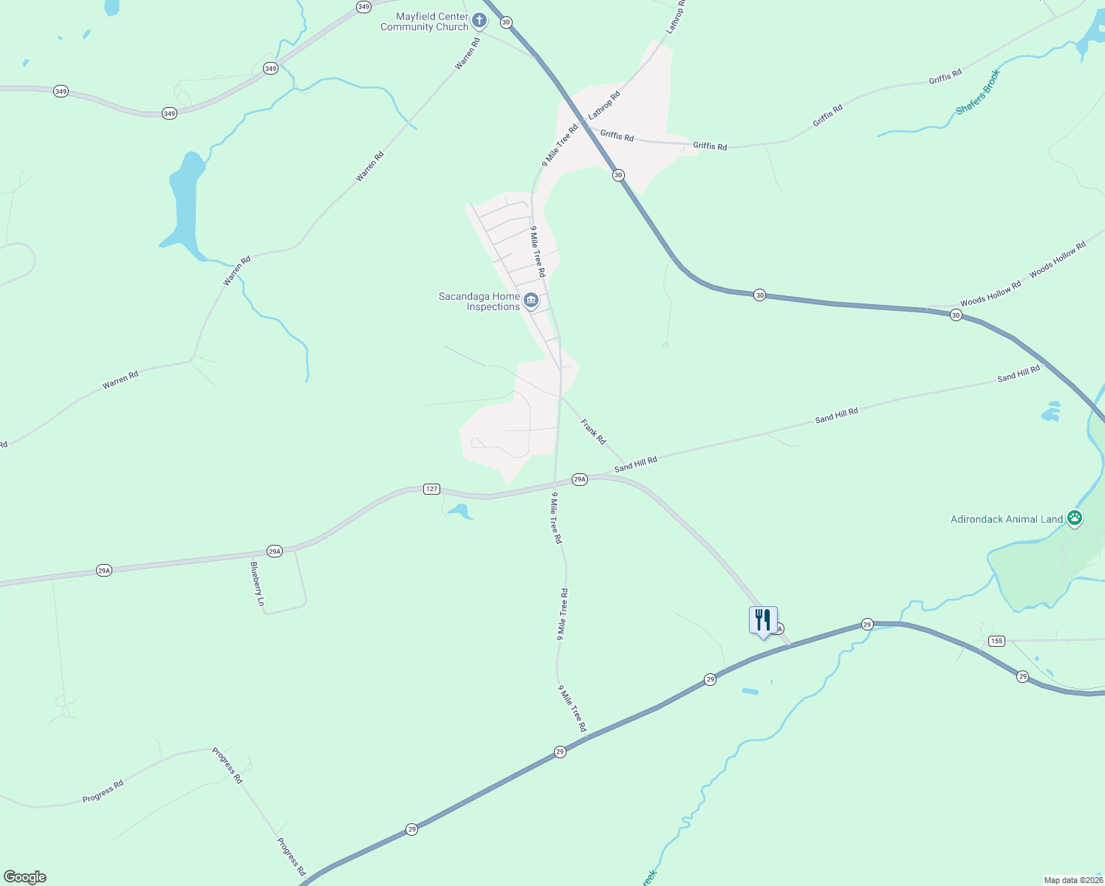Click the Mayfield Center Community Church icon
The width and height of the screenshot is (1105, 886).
(479, 21)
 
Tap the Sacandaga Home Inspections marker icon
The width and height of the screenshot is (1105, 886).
(531, 301)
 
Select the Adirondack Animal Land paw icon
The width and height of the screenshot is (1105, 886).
(1075, 519)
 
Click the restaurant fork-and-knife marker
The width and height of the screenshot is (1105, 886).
(763, 620)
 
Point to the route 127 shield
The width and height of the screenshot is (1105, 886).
(432, 489)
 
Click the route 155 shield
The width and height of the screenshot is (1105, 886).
(996, 641)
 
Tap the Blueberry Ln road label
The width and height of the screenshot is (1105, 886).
(257, 584)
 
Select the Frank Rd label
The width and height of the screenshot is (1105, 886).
(593, 431)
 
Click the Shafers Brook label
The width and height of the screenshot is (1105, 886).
(978, 92)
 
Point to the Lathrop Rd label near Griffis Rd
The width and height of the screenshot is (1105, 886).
(604, 106)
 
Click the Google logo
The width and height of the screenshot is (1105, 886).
(24, 877)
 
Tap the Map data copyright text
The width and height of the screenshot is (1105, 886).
(1072, 880)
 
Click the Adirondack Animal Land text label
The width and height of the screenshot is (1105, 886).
(1006, 519)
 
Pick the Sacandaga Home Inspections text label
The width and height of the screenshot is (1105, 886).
(479, 301)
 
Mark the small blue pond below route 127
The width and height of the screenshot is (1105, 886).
(459, 511)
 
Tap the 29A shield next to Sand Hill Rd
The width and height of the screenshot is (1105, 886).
(580, 479)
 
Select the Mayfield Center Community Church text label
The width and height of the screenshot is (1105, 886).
(424, 21)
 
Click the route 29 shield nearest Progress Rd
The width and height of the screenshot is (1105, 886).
(411, 829)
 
